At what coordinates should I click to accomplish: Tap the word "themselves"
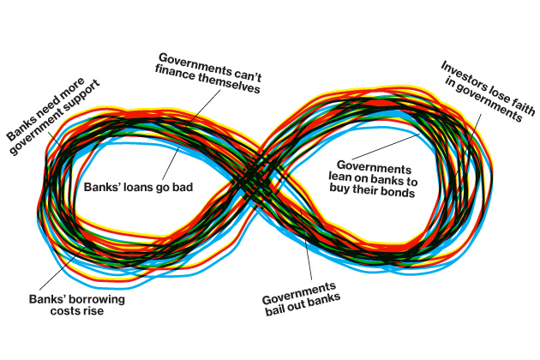point(230,75)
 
